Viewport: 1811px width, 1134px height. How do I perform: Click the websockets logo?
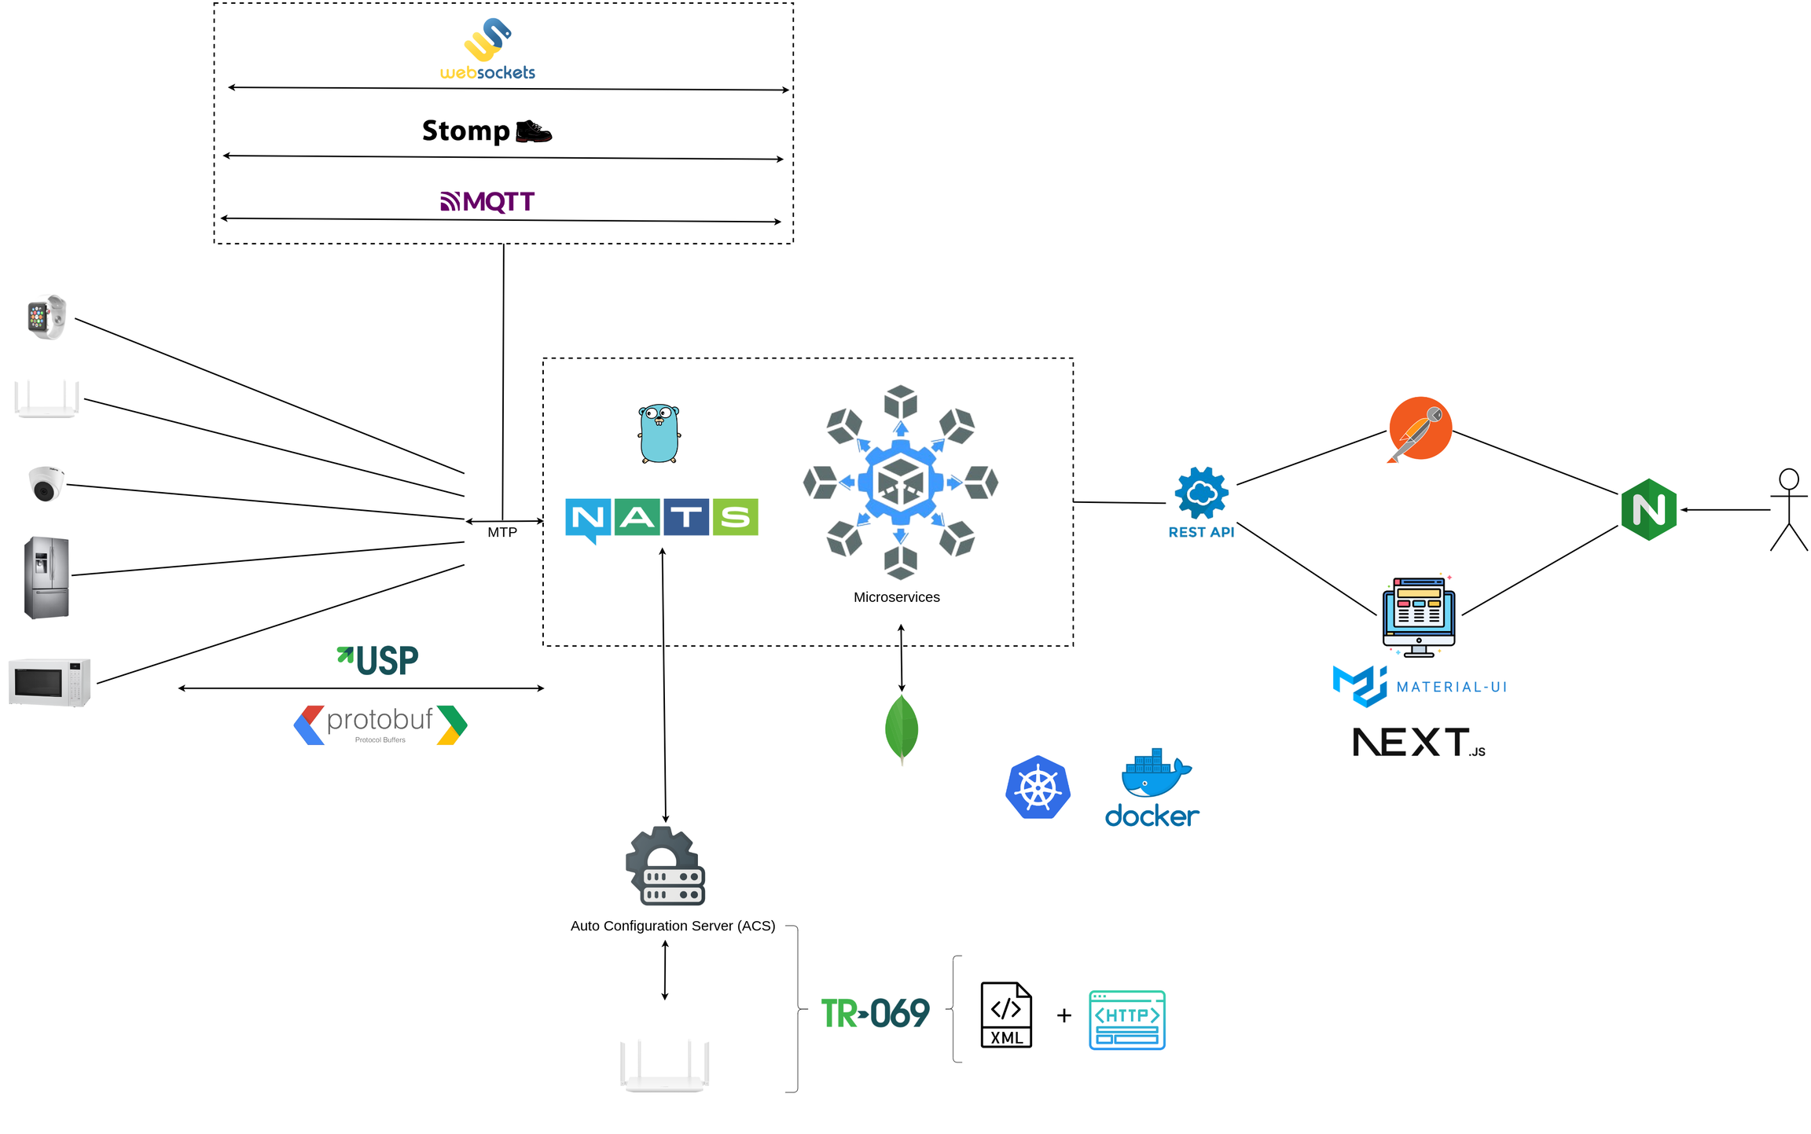[x=487, y=50]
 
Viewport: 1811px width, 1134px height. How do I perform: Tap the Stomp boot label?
[x=487, y=130]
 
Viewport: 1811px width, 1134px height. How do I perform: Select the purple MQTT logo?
[x=487, y=202]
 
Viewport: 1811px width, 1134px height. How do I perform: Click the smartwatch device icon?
[x=46, y=317]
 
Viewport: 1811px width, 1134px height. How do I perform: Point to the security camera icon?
[x=46, y=483]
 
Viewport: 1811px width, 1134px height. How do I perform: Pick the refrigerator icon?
[x=46, y=578]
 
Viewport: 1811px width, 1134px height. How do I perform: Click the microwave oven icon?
[x=50, y=682]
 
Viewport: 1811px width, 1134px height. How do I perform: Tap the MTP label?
[x=502, y=533]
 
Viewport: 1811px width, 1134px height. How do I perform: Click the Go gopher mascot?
[x=659, y=434]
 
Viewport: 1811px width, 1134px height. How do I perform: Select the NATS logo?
[x=661, y=519]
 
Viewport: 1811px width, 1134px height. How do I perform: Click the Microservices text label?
[x=896, y=597]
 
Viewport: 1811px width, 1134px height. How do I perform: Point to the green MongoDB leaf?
[x=901, y=728]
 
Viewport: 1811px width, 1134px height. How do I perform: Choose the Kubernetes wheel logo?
[x=1038, y=787]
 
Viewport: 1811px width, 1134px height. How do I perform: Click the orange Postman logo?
[x=1420, y=429]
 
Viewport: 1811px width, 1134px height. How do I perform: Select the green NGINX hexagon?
[x=1648, y=509]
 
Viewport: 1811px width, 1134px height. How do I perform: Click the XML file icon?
[x=1006, y=1015]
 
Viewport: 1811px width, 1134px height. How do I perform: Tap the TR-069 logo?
[x=875, y=1013]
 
